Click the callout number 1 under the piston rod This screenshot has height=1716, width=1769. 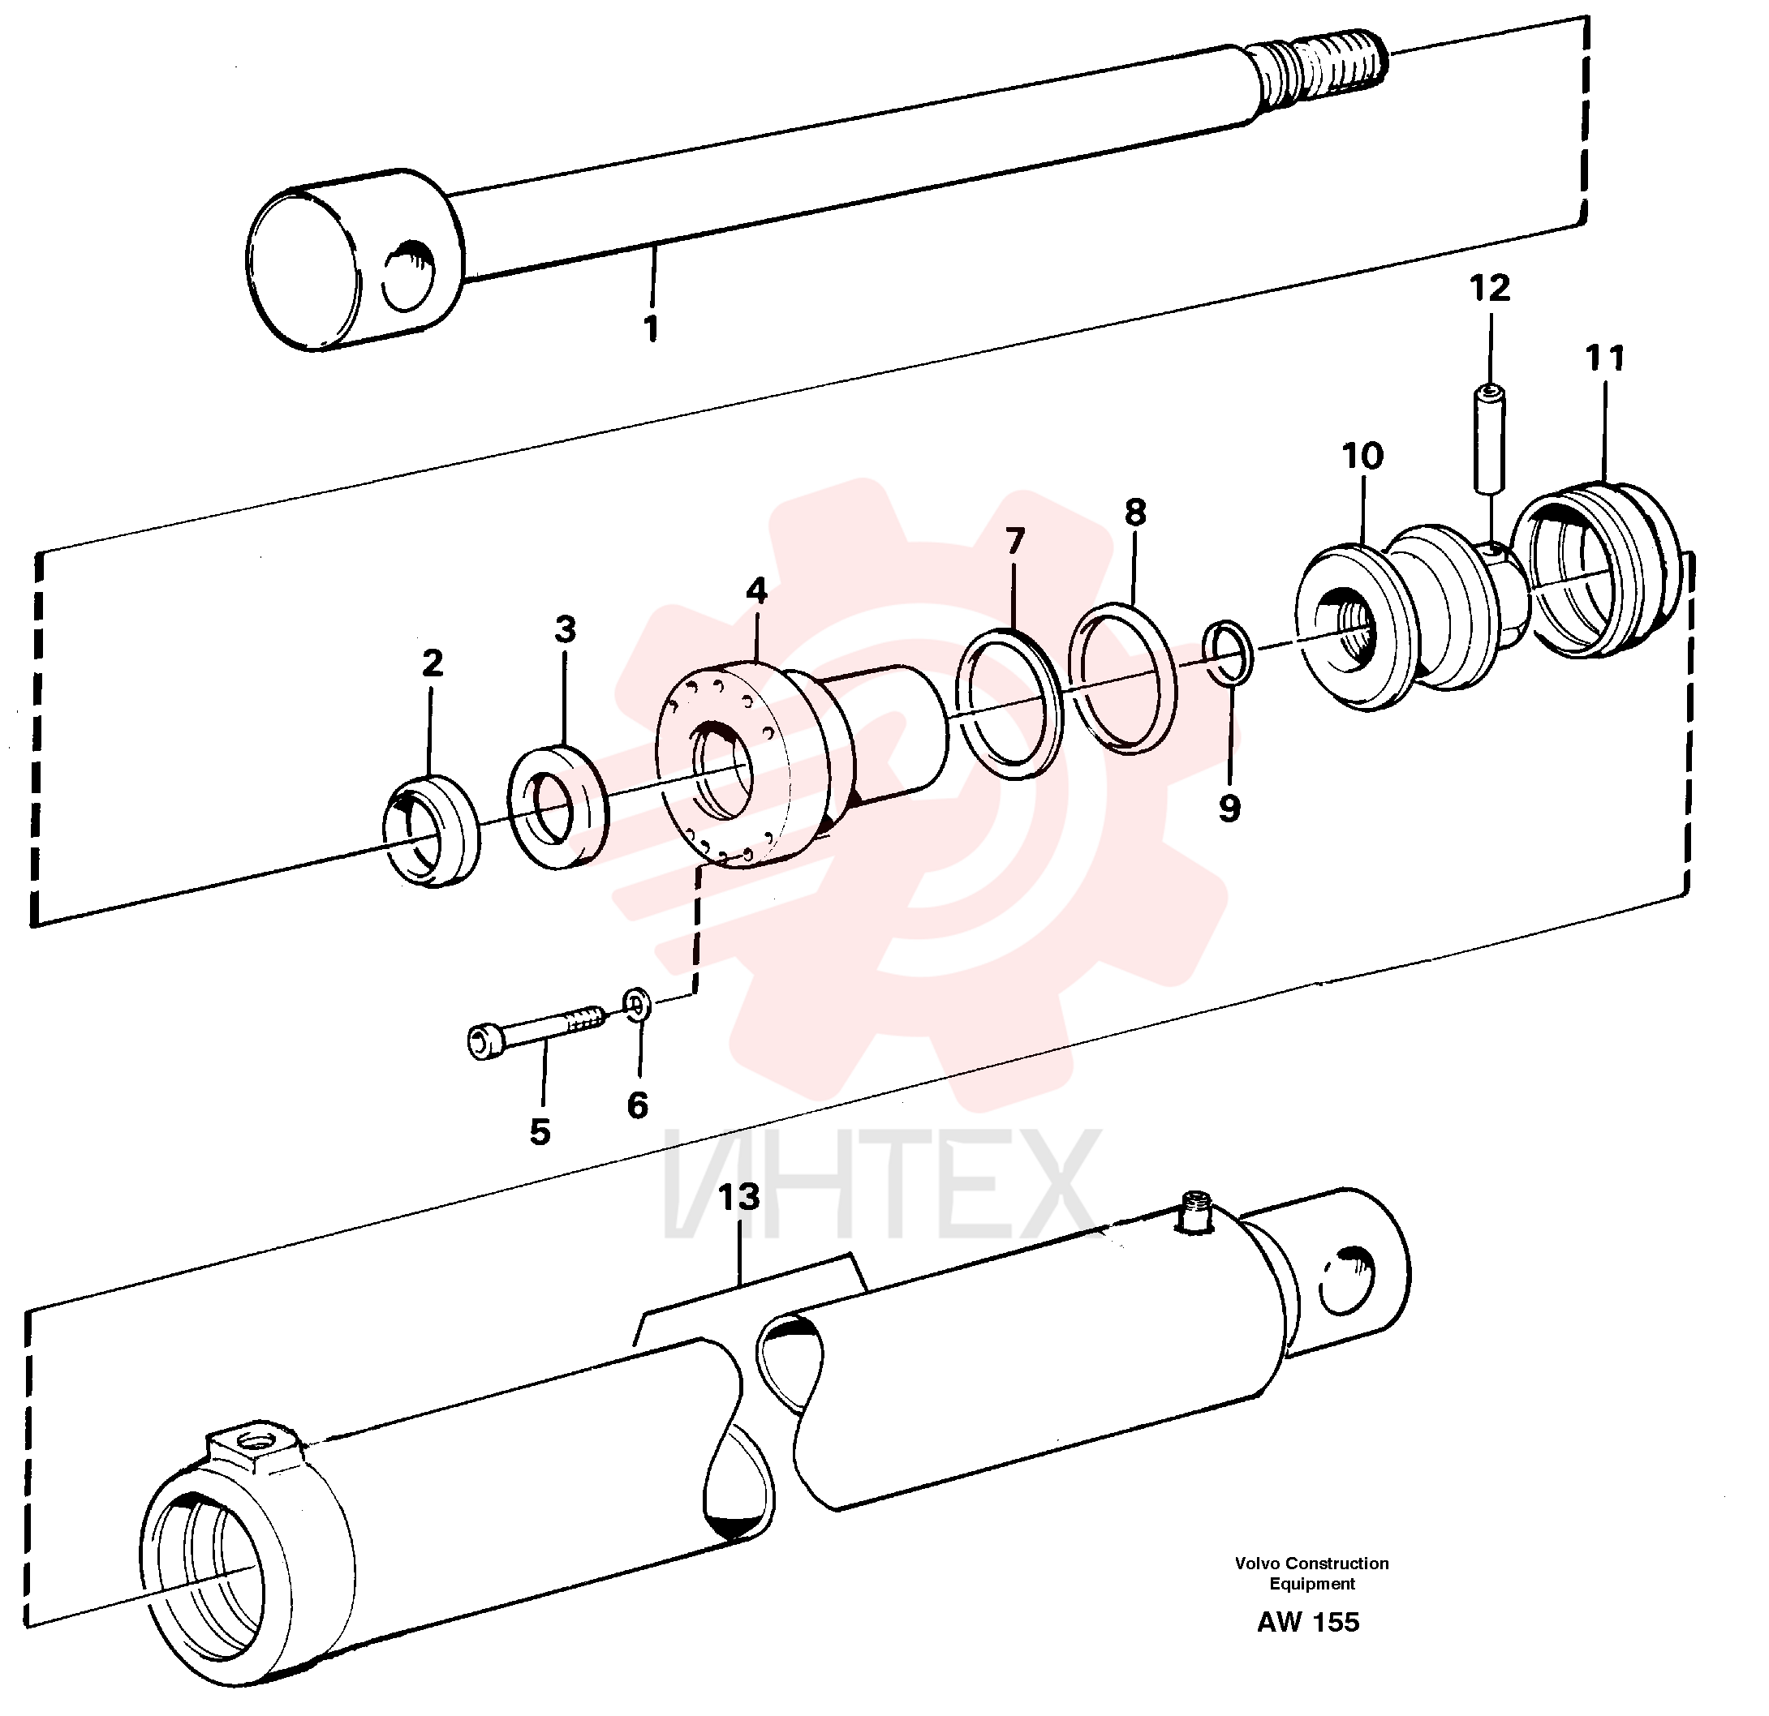click(651, 328)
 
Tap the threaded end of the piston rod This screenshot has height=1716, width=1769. click(1321, 75)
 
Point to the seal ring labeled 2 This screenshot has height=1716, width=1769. click(432, 830)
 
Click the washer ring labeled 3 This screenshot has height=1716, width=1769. click(557, 807)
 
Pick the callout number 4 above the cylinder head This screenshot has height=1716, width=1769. click(756, 591)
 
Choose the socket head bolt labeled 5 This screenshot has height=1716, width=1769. click(538, 1030)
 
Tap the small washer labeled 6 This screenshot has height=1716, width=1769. click(637, 1003)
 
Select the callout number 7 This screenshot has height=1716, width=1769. click(1015, 542)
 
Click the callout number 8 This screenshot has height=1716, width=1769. click(1135, 513)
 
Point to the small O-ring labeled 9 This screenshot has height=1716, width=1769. click(1229, 652)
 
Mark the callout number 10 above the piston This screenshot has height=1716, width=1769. click(1362, 456)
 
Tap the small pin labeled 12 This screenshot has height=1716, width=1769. click(1489, 440)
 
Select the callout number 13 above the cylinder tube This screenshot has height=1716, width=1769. click(739, 1197)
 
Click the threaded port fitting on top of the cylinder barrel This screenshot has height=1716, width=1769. click(1197, 1212)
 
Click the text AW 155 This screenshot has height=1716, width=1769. click(1308, 1622)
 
